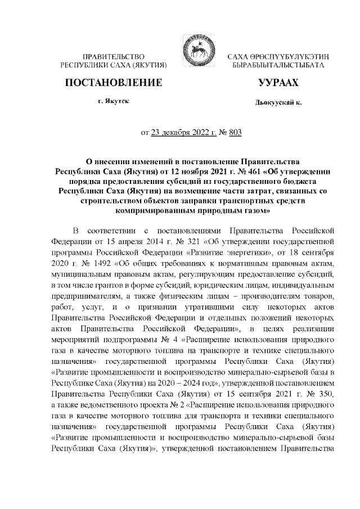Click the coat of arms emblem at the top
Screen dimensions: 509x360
coord(193,53)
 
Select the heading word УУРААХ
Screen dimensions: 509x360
coord(277,83)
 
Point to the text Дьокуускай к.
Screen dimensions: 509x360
coord(277,104)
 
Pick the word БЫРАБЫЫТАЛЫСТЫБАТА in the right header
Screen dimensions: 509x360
coord(278,66)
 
